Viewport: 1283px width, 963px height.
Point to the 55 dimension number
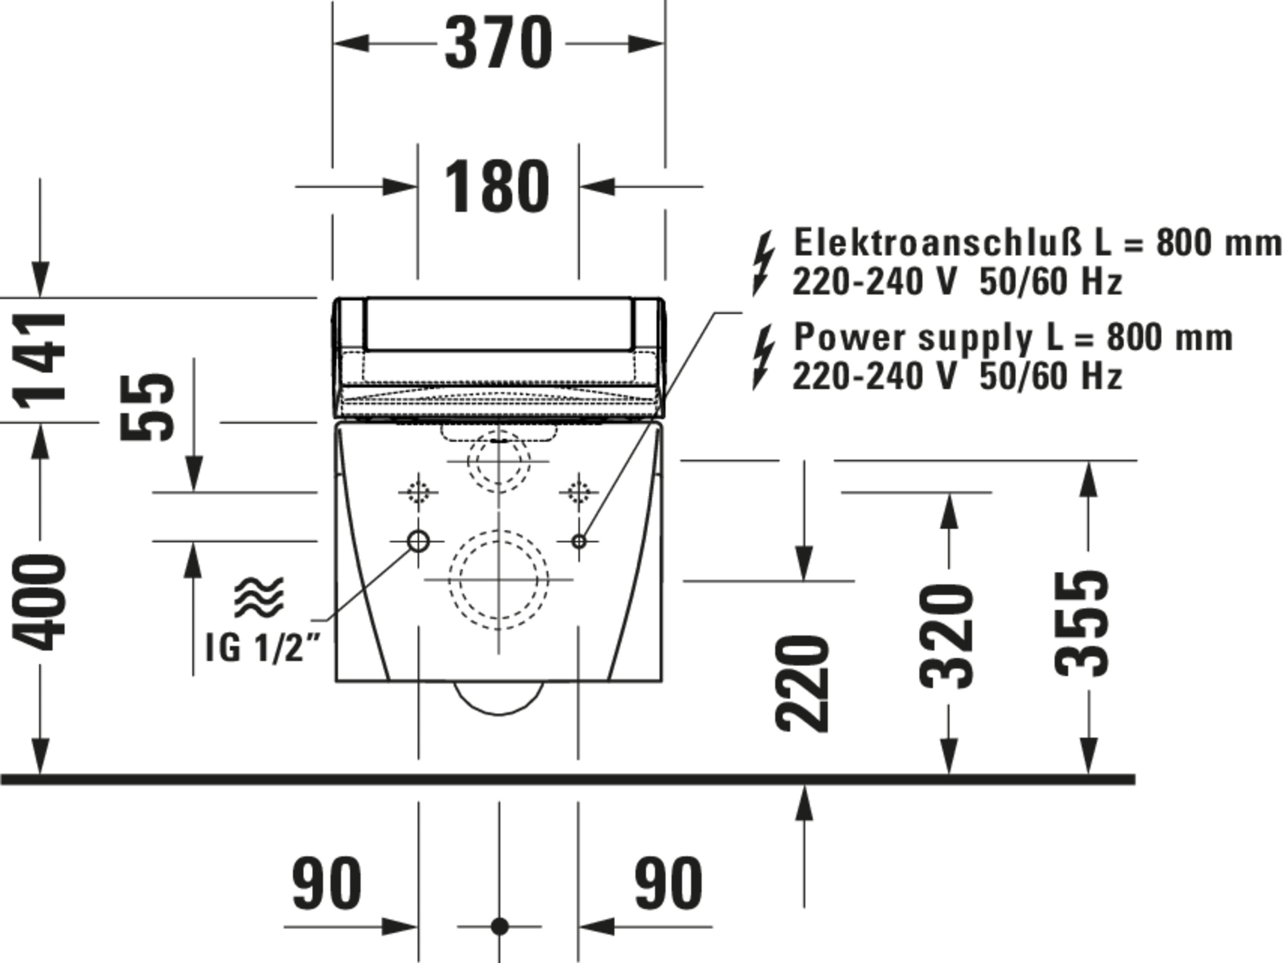coord(147,406)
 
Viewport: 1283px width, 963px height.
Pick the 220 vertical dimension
coord(803,683)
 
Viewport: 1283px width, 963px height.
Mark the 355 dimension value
coord(1081,623)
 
